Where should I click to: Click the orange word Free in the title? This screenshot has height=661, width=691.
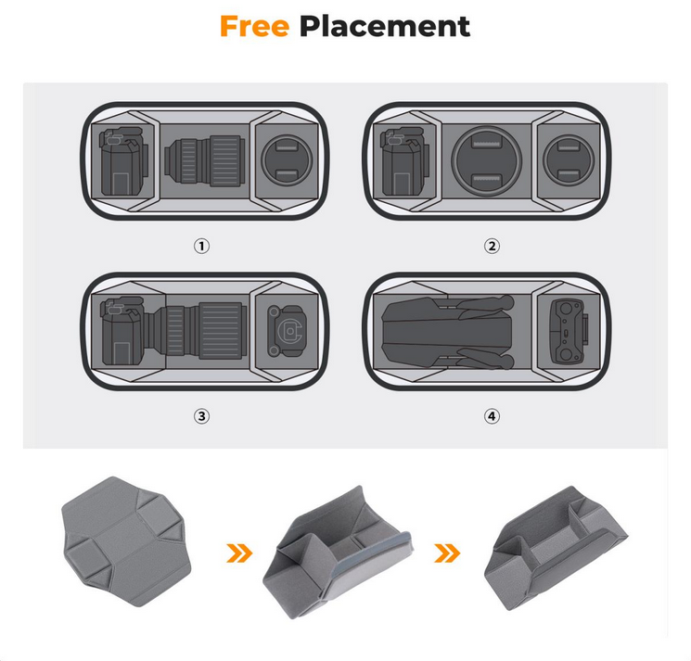point(254,27)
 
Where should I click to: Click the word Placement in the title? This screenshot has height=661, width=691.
point(385,27)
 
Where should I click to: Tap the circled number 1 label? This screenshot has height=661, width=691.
point(202,246)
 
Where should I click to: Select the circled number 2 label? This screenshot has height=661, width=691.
point(492,246)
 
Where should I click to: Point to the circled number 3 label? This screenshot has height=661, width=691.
point(202,416)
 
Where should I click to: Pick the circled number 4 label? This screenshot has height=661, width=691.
point(492,416)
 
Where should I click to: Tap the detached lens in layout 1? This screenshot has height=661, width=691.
point(204,160)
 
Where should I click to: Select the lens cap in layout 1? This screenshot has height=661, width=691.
point(287,159)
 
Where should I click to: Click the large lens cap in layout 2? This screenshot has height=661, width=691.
point(487,160)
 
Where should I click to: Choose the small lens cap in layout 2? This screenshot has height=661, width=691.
point(569,159)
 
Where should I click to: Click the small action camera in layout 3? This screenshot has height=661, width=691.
point(286,331)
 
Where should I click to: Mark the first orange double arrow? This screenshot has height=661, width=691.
point(239,553)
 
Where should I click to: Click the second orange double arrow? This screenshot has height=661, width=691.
point(447,553)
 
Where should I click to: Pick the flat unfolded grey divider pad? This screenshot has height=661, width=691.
point(127,540)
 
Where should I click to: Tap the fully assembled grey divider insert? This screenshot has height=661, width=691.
point(556,548)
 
